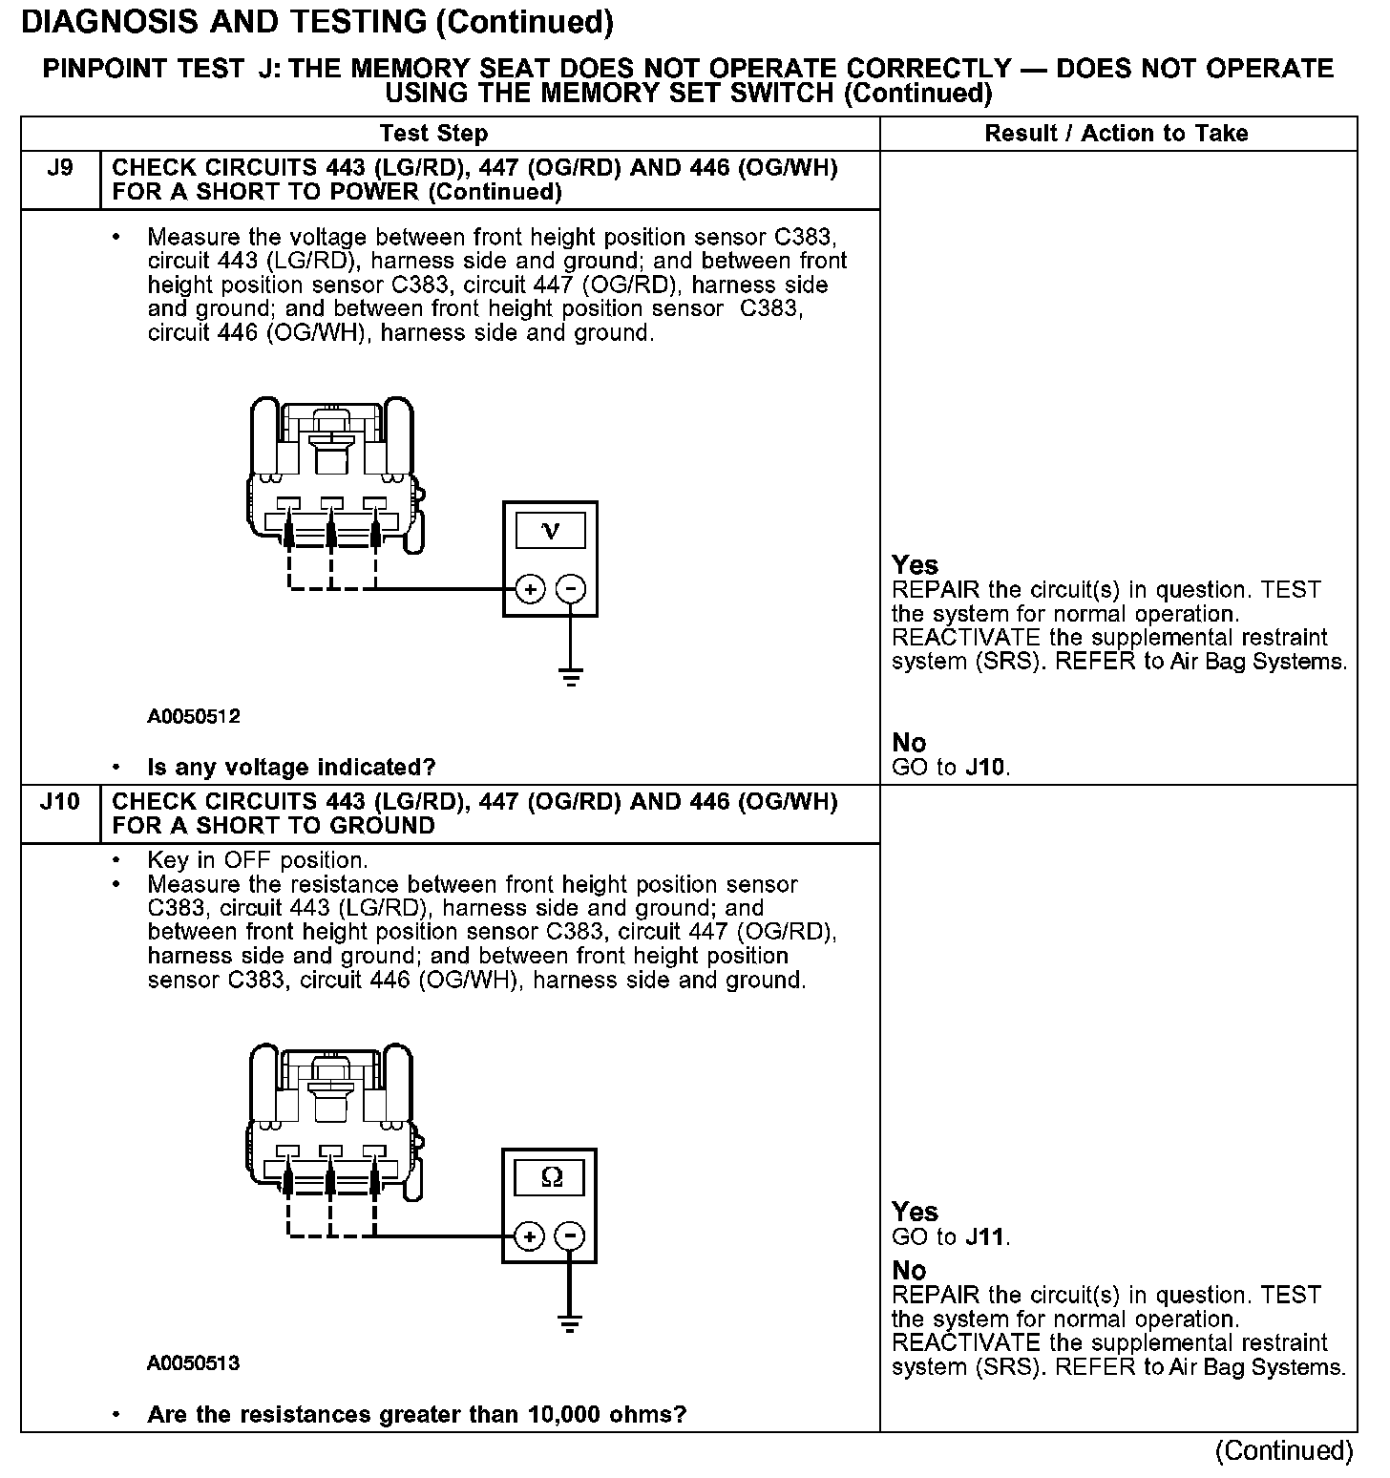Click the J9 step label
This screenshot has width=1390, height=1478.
coord(59,169)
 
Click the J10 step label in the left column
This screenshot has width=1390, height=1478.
coord(59,802)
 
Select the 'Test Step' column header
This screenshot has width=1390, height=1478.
coord(433,134)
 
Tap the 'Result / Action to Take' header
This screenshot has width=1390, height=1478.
coord(1116,134)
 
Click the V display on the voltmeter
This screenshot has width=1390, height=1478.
coord(551,530)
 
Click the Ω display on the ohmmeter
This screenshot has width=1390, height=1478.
coord(551,1177)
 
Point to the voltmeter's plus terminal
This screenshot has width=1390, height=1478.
coord(530,589)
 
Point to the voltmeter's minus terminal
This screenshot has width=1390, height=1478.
coord(571,589)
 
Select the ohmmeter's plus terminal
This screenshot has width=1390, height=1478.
coord(529,1237)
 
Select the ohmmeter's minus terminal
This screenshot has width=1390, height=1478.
coord(570,1237)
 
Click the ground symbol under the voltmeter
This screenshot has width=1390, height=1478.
coord(571,679)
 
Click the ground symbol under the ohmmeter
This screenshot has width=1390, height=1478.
coord(570,1324)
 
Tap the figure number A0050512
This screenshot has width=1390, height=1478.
coord(194,716)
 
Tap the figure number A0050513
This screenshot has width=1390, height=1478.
coord(194,1363)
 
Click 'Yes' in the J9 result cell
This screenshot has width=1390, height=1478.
coord(915,565)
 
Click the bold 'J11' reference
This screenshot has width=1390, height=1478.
coord(985,1237)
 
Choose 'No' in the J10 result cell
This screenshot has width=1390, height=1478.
coord(909,1271)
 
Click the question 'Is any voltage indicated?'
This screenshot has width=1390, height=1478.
coord(291,767)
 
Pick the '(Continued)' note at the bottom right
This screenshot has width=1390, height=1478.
coord(1283,1451)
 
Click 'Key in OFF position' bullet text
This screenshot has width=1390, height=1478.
coord(257,859)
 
